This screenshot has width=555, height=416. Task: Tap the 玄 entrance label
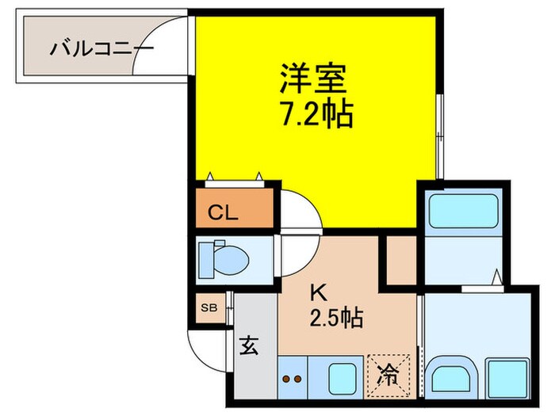click(248, 346)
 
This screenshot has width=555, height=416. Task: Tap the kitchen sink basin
click(342, 375)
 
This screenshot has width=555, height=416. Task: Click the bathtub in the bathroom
click(461, 214)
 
